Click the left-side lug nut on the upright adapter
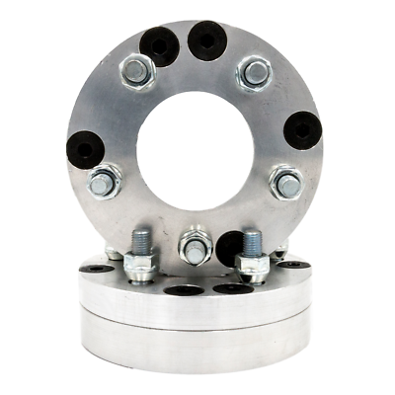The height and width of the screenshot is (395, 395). (103, 183)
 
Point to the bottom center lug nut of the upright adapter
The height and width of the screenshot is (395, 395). (195, 247)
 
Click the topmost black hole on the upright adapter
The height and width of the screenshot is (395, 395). (208, 39)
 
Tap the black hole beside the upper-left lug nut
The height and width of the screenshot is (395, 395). (159, 44)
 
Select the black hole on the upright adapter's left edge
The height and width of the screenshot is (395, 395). (86, 149)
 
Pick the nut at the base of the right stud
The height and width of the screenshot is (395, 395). (252, 267)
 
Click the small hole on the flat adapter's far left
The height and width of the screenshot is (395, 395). (95, 268)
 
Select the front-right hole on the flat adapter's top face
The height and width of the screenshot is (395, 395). (229, 288)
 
